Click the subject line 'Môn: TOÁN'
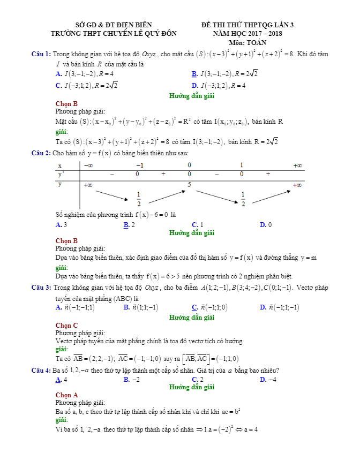[247, 42]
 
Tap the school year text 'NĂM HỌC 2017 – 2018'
[247, 33]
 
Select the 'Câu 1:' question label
[41, 54]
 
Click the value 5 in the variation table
[189, 185]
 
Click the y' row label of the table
[61, 174]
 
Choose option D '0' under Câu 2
[266, 225]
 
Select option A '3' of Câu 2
[62, 225]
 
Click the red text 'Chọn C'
[66, 325]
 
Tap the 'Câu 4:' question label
[41, 371]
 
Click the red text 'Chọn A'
[66, 395]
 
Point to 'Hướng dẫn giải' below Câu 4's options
[191, 387]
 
